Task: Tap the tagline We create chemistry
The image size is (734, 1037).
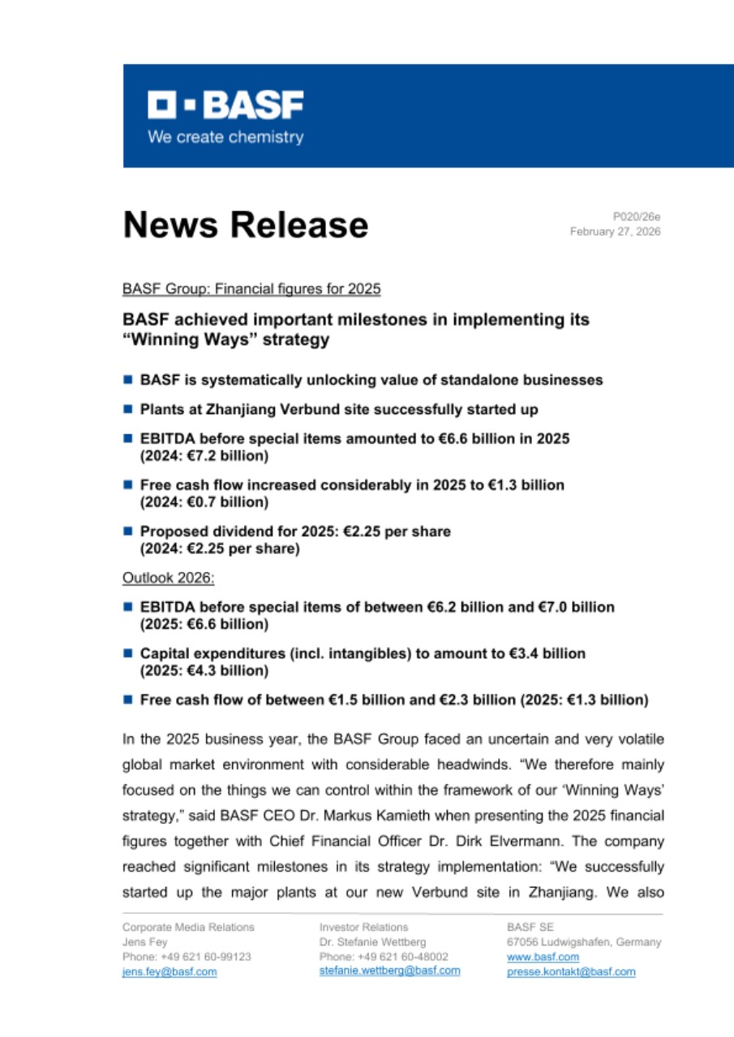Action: (x=225, y=137)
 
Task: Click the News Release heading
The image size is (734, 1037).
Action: (x=245, y=225)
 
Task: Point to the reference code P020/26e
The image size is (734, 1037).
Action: (x=637, y=217)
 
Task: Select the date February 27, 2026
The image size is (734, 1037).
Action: (x=615, y=232)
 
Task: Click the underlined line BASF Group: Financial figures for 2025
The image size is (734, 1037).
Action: (x=251, y=288)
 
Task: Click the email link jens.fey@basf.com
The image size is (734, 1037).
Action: (x=170, y=972)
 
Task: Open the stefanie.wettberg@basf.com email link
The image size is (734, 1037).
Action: (x=389, y=971)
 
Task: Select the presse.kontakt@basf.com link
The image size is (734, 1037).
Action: (x=571, y=972)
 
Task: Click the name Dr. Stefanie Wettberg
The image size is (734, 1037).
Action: (x=371, y=942)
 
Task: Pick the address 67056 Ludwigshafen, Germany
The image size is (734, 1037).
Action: (x=583, y=942)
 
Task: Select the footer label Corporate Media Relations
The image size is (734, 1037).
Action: (x=188, y=927)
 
